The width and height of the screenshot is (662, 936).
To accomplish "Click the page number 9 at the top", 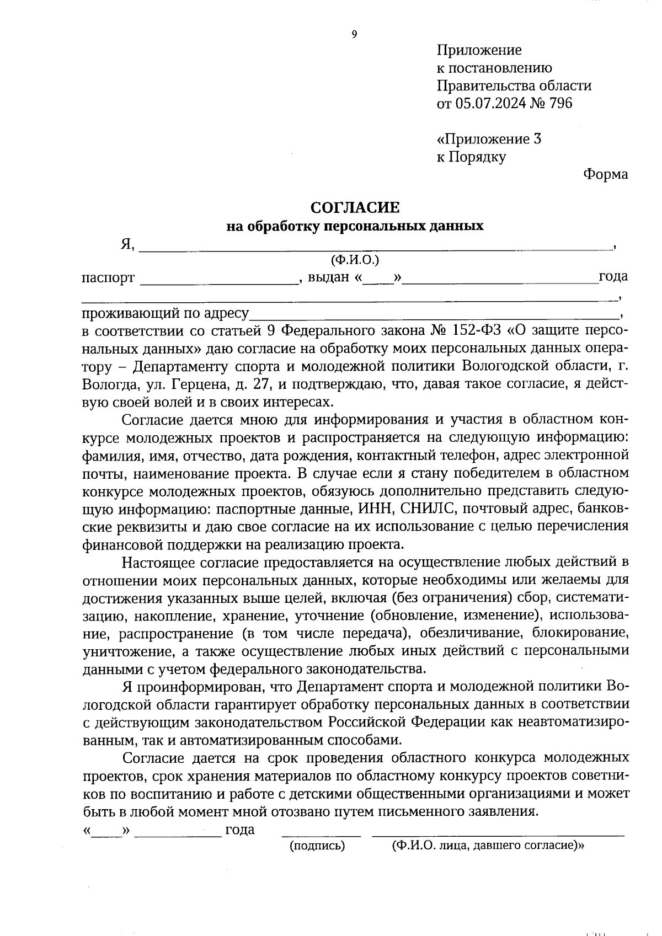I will [x=354, y=35].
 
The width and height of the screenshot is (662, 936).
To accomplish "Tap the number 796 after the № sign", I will [x=560, y=103].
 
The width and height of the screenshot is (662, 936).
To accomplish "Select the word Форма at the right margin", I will [x=605, y=174].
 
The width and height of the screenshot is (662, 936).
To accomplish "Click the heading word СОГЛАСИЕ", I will [x=355, y=207].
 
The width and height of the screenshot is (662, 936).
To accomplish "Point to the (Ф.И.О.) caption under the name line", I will [x=355, y=259].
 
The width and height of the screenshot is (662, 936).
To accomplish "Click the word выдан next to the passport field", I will [x=329, y=277].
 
